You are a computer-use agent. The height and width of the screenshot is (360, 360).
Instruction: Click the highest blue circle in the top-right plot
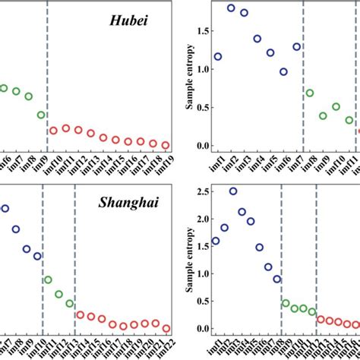pyautogui.click(x=231, y=8)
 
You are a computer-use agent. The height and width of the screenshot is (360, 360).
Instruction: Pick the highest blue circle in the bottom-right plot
pyautogui.click(x=233, y=191)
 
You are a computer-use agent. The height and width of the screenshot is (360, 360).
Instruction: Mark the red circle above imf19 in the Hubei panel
pyautogui.click(x=165, y=144)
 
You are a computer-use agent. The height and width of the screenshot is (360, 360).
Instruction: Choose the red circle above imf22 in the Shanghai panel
pyautogui.click(x=166, y=328)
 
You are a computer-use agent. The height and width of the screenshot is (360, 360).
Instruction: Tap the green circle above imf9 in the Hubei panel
pyautogui.click(x=41, y=115)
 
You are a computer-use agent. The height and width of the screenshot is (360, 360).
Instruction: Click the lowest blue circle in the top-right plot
pyautogui.click(x=283, y=72)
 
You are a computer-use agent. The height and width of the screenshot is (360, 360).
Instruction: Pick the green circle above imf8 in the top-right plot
pyautogui.click(x=309, y=93)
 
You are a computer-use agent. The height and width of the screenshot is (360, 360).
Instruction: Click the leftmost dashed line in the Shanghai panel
pyautogui.click(x=43, y=258)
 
